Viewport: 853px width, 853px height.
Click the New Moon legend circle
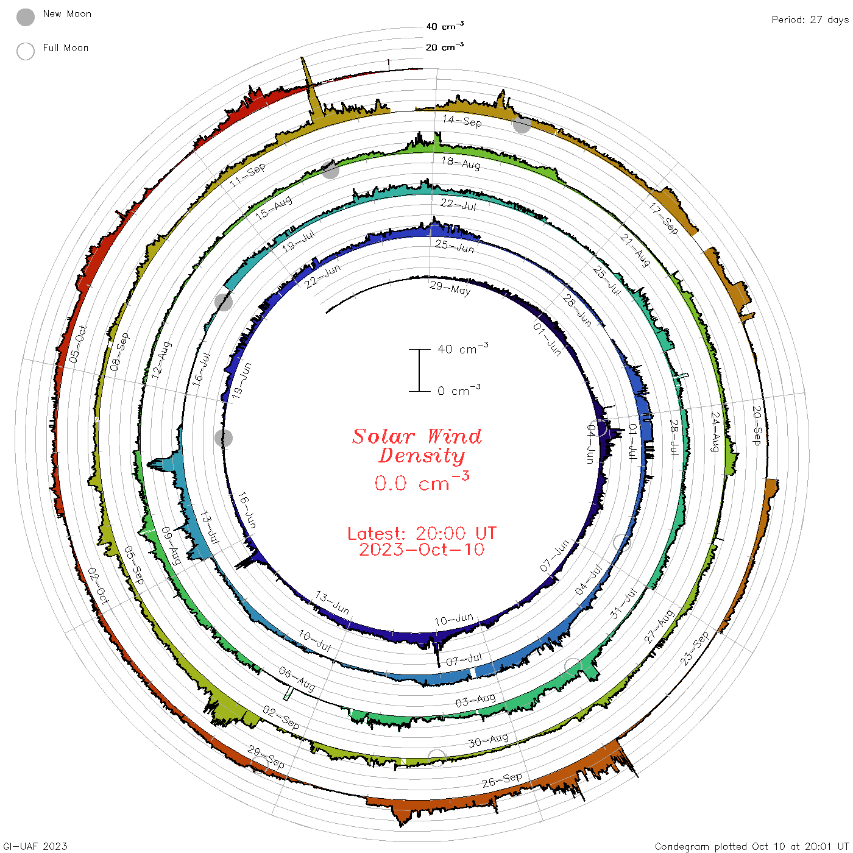[x=26, y=17]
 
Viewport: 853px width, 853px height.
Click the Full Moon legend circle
[x=26, y=51]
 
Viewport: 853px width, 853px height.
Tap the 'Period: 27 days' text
[x=810, y=20]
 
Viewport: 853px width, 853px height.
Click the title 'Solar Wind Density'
[x=417, y=446]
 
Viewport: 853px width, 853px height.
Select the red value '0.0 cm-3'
[x=422, y=482]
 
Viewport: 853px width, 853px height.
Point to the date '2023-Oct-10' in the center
[x=422, y=550]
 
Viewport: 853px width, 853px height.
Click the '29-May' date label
[x=450, y=288]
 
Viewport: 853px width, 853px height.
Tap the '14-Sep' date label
[x=462, y=121]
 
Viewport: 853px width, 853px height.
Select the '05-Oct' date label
[x=78, y=344]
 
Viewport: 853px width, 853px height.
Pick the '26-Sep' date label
[x=502, y=780]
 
